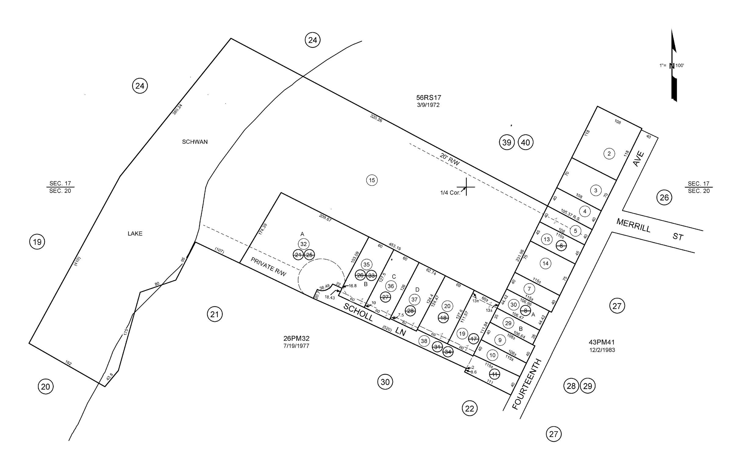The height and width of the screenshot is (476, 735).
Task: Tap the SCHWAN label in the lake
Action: click(195, 142)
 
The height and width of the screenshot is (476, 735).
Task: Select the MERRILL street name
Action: click(633, 225)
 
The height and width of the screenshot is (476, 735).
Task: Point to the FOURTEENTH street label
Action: click(527, 384)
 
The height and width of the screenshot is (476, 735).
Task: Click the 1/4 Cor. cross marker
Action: click(466, 187)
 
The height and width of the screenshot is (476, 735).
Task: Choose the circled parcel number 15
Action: click(372, 180)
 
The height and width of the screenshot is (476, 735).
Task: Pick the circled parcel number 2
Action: click(609, 154)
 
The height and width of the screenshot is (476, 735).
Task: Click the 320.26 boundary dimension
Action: click(376, 118)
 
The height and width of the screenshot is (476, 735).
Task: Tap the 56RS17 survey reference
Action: click(428, 98)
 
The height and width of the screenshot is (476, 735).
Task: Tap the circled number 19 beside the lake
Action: click(37, 242)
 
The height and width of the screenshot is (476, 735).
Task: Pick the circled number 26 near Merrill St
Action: click(664, 197)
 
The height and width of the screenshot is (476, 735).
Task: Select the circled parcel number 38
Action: click(424, 341)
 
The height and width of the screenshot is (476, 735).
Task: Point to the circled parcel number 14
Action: click(545, 263)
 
